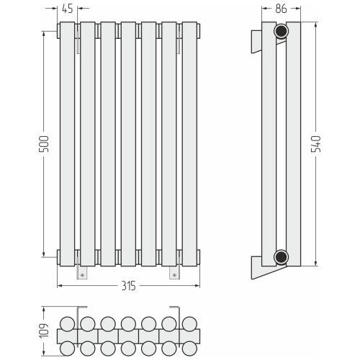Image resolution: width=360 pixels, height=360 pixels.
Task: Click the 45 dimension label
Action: (x=68, y=9)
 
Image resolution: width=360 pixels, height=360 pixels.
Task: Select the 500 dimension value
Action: (x=44, y=144)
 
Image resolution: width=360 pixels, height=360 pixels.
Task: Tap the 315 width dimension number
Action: (x=129, y=286)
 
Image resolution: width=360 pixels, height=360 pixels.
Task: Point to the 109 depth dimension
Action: (x=44, y=331)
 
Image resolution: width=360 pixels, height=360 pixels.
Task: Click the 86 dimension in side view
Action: (x=281, y=9)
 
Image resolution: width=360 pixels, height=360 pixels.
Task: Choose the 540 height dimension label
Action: (x=316, y=144)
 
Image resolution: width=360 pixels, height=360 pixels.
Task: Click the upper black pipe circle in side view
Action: (x=282, y=31)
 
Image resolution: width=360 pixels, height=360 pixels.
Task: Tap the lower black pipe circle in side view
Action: (x=282, y=257)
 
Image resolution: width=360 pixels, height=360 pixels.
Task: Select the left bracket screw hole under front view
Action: (x=82, y=275)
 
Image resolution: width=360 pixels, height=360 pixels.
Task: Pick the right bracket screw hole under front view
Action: (x=174, y=275)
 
